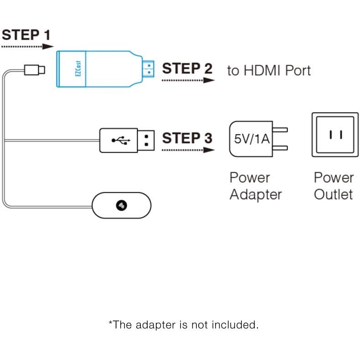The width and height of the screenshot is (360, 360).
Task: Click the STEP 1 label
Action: point(26,35)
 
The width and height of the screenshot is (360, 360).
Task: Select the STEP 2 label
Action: point(187,69)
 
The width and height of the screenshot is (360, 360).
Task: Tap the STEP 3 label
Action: point(187,138)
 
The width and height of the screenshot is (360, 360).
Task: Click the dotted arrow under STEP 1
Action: point(27,46)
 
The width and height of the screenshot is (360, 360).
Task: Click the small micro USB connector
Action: point(35,69)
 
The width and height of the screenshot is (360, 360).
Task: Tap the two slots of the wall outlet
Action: point(335,134)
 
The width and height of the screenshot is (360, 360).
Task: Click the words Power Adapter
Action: point(256,186)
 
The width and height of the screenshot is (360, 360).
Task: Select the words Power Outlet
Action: point(334,186)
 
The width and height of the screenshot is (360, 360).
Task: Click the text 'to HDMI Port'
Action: point(269,71)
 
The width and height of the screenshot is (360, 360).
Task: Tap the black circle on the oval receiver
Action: point(122,206)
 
